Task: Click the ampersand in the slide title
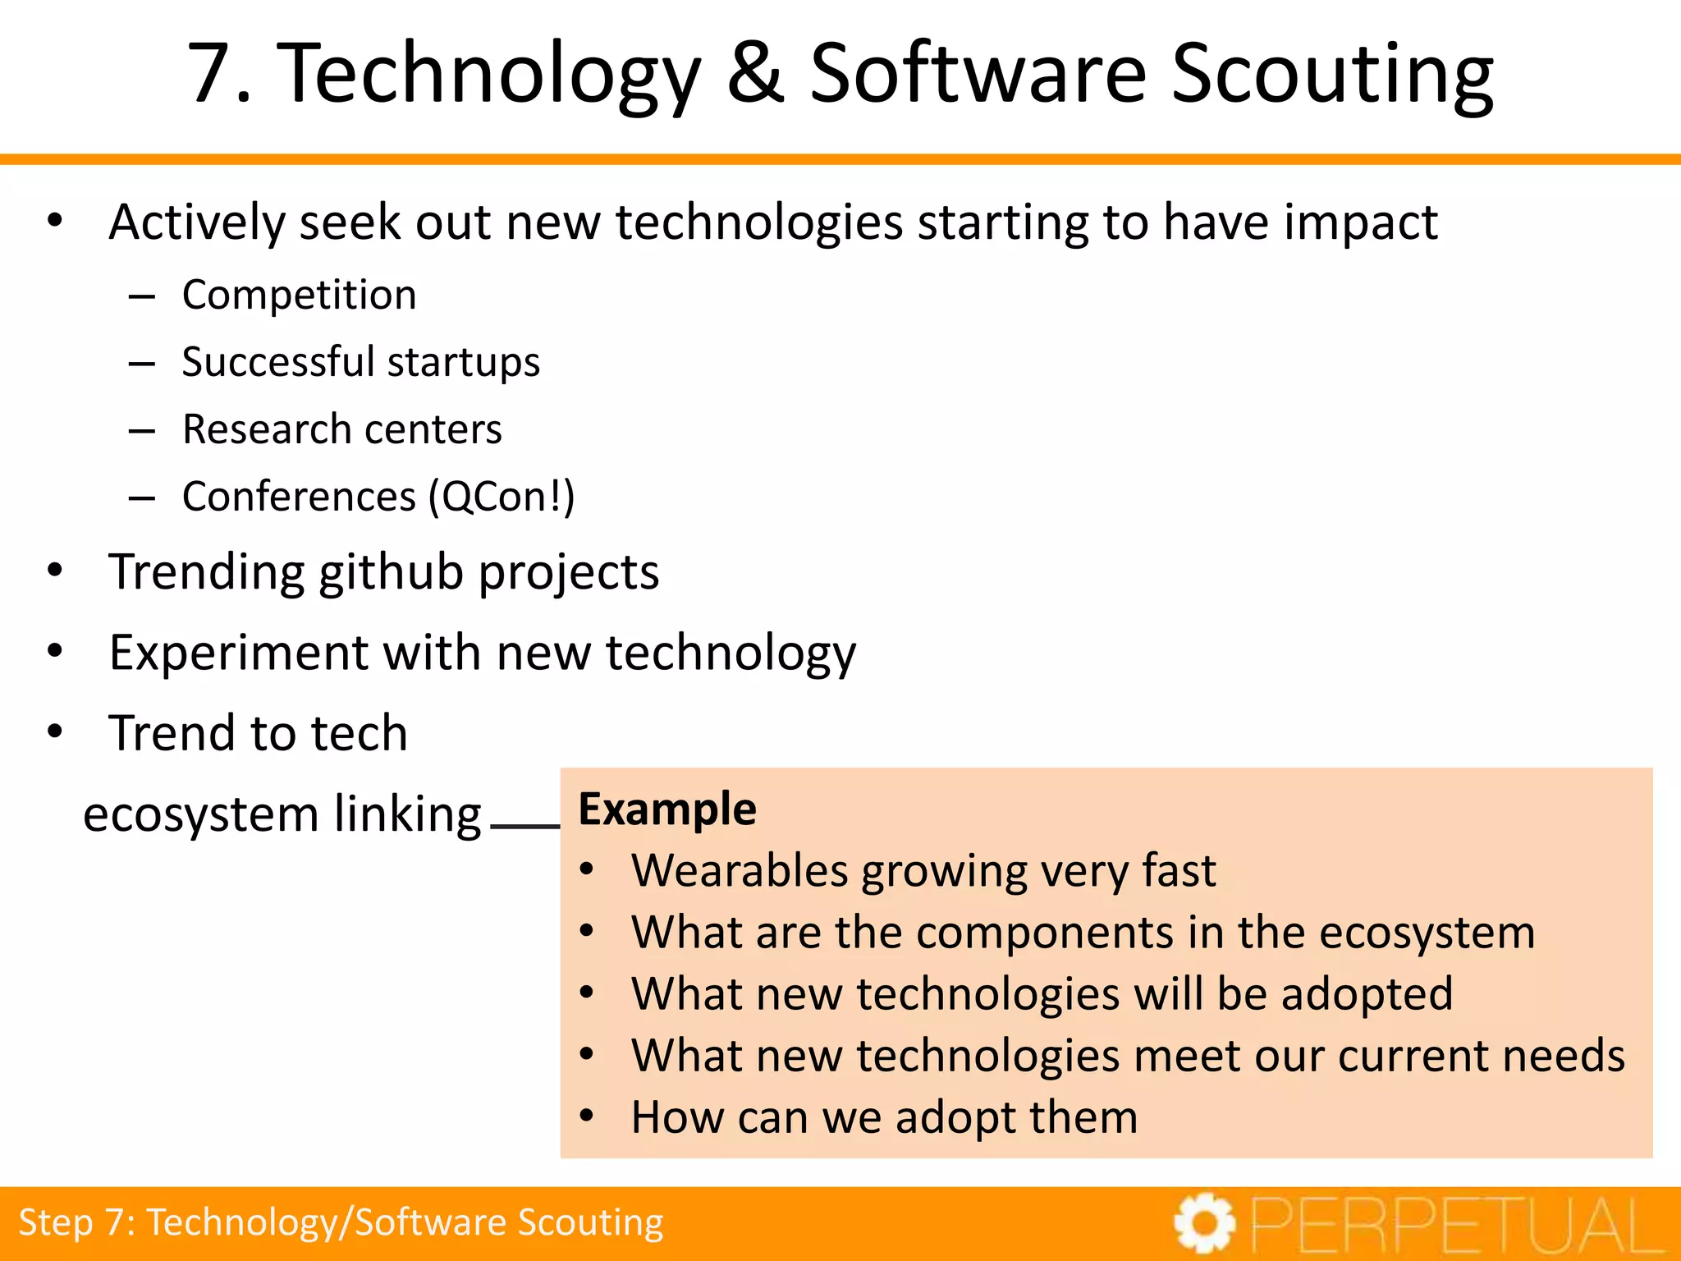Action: pos(756,74)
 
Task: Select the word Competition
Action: pos(299,295)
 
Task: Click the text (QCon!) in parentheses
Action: pos(502,497)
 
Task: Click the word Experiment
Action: pos(238,653)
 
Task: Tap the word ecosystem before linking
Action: pos(201,814)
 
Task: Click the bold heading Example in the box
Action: pos(666,809)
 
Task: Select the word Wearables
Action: pos(739,871)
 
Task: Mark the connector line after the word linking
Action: pos(525,826)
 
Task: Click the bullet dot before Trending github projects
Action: pos(55,570)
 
